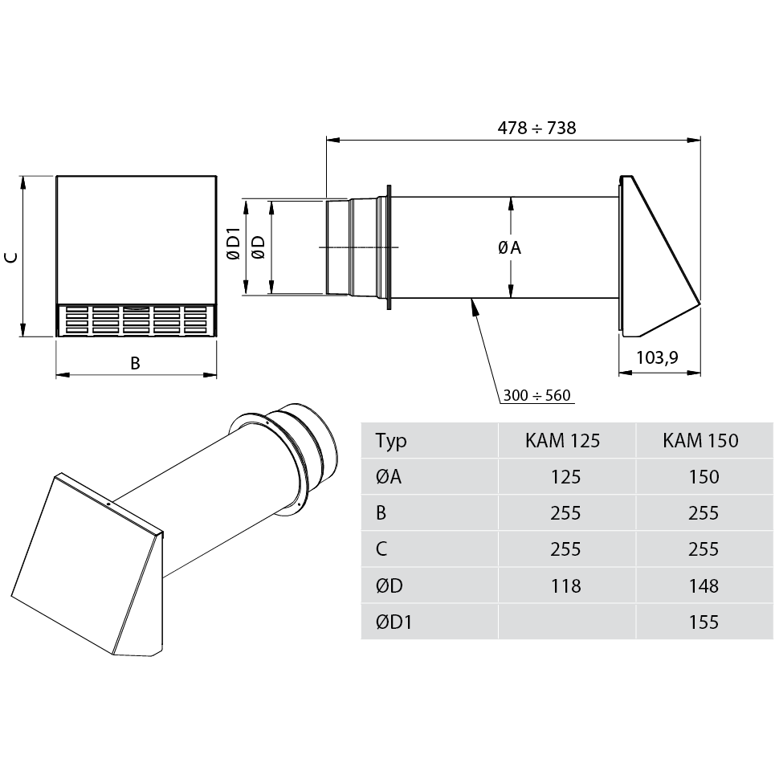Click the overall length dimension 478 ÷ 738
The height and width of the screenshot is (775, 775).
(536, 128)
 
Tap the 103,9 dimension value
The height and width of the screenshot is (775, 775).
(657, 357)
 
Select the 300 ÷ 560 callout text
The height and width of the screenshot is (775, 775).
(536, 395)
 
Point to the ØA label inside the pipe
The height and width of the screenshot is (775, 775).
(510, 247)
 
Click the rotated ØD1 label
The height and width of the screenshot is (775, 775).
(233, 243)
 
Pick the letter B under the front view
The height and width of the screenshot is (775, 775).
(135, 363)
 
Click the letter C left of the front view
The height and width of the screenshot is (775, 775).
(11, 257)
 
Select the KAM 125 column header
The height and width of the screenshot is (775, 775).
(562, 440)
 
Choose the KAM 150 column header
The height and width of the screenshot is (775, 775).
(700, 440)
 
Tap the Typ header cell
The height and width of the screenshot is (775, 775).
(391, 441)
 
